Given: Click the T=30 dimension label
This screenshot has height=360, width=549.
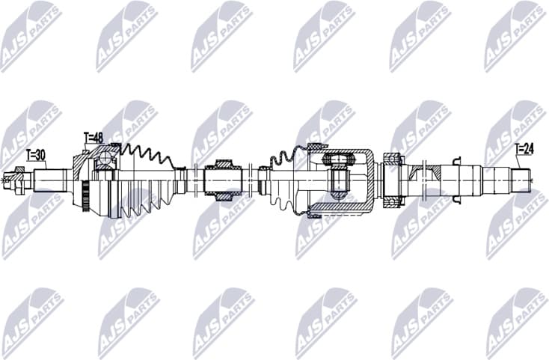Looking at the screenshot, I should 35,155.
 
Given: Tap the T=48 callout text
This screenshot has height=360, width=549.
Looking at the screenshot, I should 93,138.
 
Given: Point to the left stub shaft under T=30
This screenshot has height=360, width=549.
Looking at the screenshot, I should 49,180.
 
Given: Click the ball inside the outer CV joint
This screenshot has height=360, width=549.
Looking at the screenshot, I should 106,159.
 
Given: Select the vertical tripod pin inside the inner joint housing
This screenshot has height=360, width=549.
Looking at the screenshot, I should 337,180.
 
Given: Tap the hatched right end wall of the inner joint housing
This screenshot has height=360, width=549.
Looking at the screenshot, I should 371,180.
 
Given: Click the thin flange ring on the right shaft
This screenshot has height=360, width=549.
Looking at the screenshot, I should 457,180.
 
